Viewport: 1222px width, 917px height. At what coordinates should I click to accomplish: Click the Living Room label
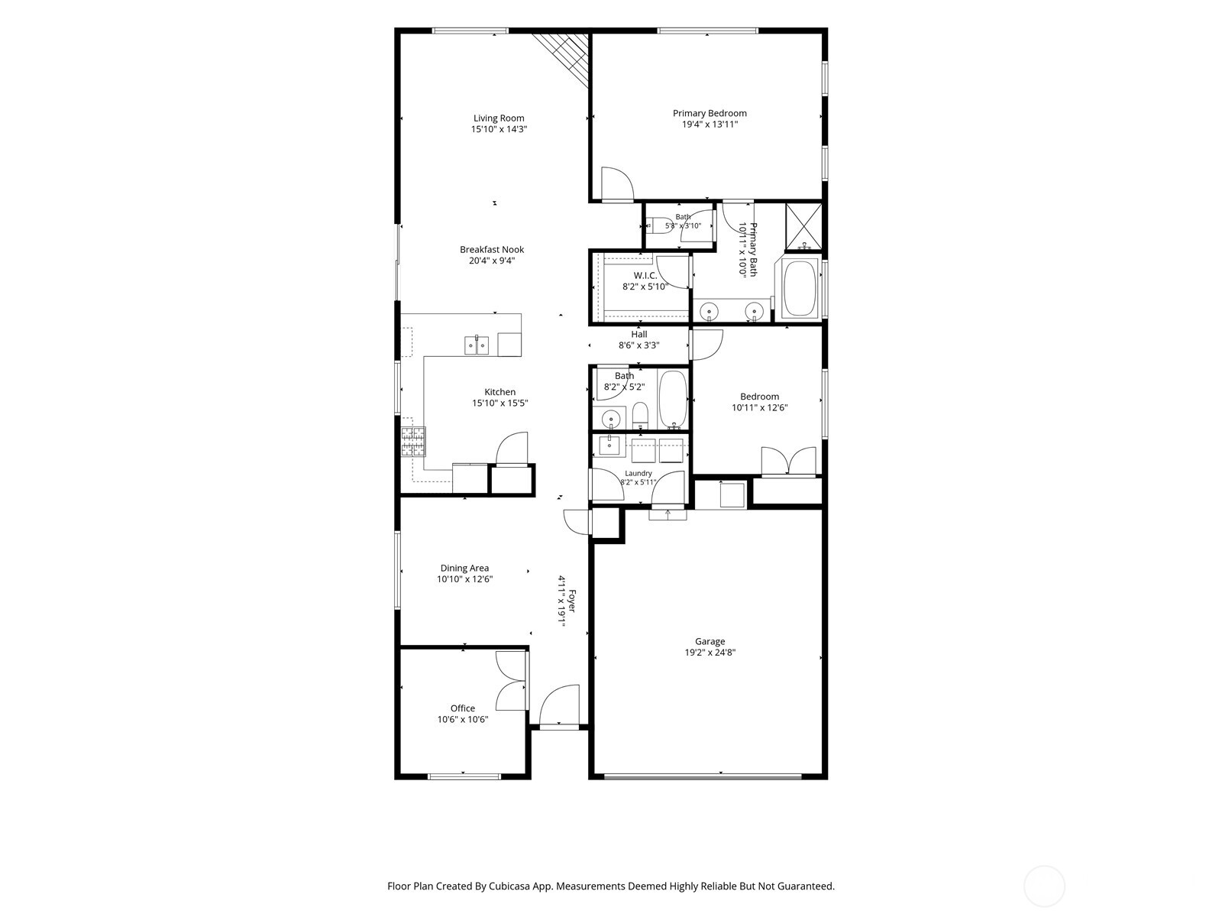click(498, 118)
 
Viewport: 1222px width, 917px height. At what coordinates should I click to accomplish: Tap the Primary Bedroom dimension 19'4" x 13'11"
click(710, 124)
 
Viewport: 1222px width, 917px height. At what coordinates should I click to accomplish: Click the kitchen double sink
click(477, 345)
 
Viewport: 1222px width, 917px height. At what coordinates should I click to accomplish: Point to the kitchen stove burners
click(413, 442)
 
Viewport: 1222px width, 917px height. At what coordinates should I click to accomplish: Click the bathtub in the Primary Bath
click(800, 288)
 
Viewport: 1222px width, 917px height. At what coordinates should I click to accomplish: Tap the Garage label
click(710, 641)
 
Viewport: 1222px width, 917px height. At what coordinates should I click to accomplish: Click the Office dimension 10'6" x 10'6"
click(463, 719)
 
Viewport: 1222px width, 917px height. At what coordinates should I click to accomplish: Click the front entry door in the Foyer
click(560, 706)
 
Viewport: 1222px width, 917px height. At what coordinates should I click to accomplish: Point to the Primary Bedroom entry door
click(617, 183)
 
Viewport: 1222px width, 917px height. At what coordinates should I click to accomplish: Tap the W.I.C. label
click(645, 276)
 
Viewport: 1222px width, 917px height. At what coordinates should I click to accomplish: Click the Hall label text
click(639, 334)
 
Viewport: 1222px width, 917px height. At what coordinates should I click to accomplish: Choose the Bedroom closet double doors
click(788, 461)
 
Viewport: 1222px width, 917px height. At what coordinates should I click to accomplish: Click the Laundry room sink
click(609, 446)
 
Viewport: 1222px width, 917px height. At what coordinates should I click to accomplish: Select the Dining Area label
click(464, 568)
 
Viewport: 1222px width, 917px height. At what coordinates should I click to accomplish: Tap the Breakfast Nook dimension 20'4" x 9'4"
click(492, 261)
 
